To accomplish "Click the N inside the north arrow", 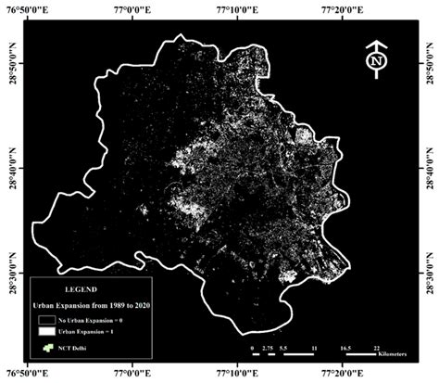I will (x=375, y=61).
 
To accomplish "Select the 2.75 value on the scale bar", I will (x=268, y=346).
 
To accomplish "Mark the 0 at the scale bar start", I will (x=252, y=346).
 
